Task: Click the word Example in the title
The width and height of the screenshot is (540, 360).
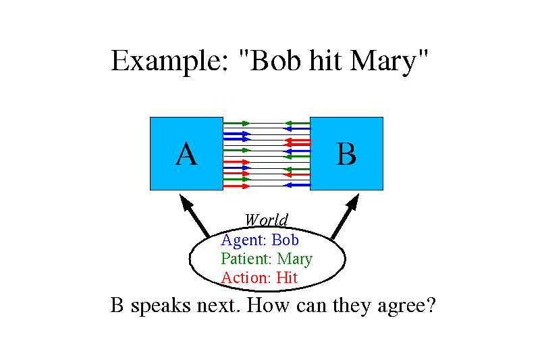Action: pos(169,61)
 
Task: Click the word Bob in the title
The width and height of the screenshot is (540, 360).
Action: pos(275,60)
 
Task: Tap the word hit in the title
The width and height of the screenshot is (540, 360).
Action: pos(325,60)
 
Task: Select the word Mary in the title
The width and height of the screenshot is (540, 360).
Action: pos(383,62)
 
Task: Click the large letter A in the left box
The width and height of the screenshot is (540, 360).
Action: pos(186,154)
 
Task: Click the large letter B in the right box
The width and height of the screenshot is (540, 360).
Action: pos(346,154)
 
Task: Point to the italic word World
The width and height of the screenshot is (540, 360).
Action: pos(266,220)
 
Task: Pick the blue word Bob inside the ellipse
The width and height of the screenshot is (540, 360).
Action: pos(285,240)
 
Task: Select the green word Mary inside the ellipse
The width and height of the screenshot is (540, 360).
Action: pos(295,259)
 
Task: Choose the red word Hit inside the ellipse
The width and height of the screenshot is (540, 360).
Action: pos(287,278)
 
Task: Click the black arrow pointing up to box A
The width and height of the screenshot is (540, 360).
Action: pos(194,215)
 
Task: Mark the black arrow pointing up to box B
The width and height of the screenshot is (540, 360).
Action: pos(345,215)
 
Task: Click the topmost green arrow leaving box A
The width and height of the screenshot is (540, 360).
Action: pos(237,123)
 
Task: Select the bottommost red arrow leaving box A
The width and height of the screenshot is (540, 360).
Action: pos(237,186)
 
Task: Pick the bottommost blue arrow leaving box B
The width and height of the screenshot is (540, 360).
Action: pos(296,185)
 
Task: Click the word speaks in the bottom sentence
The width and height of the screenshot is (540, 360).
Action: pos(161,306)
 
